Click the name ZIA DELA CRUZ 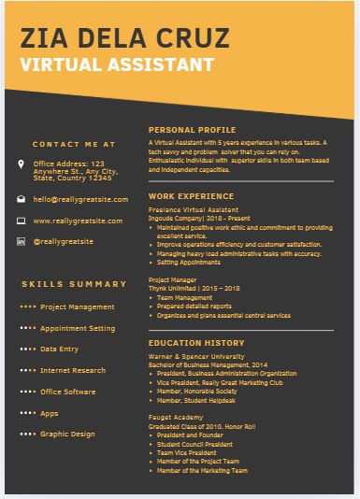pyautogui.click(x=124, y=38)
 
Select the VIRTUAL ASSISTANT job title pyautogui.click(x=116, y=65)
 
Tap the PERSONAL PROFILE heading pyautogui.click(x=192, y=130)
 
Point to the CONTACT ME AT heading pyautogui.click(x=74, y=145)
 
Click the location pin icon pyautogui.click(x=22, y=164)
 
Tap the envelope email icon pyautogui.click(x=22, y=199)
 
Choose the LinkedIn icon pyautogui.click(x=22, y=241)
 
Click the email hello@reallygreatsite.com pyautogui.click(x=78, y=199)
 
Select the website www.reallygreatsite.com pyautogui.click(x=78, y=221)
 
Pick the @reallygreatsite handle pyautogui.click(x=63, y=241)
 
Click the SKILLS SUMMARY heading pyautogui.click(x=74, y=284)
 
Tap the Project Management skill pyautogui.click(x=77, y=307)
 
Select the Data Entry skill pyautogui.click(x=59, y=349)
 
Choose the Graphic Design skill pyautogui.click(x=67, y=434)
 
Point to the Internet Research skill pyautogui.click(x=73, y=370)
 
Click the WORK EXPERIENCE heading pyautogui.click(x=191, y=196)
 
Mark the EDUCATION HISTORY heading pyautogui.click(x=195, y=343)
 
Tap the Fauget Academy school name pyautogui.click(x=175, y=416)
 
